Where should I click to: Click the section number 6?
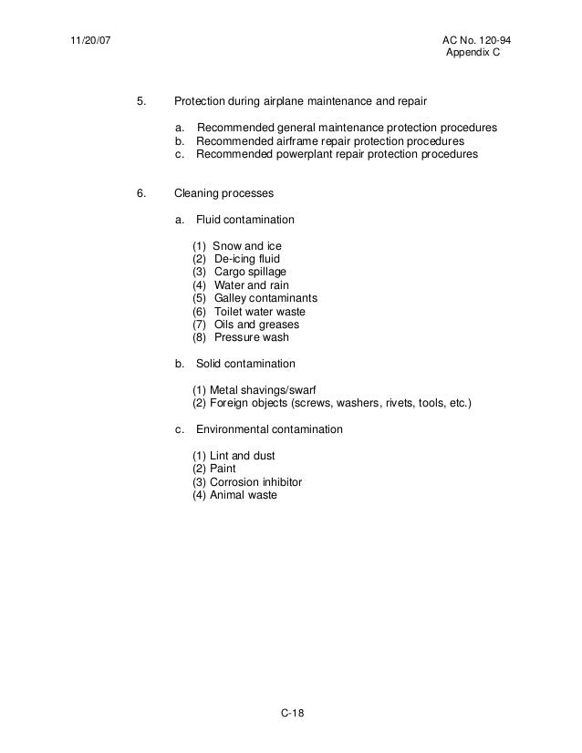click(140, 193)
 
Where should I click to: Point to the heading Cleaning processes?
click(223, 193)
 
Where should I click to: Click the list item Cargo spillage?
click(251, 272)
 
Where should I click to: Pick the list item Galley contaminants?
click(265, 298)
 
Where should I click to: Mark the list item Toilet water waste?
click(260, 311)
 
